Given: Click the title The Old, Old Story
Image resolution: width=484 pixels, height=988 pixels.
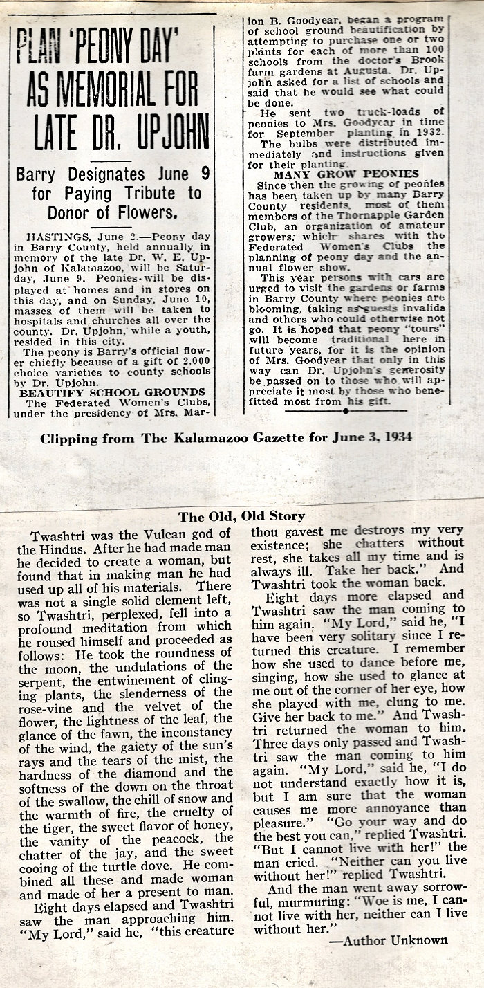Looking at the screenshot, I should [242, 516].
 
